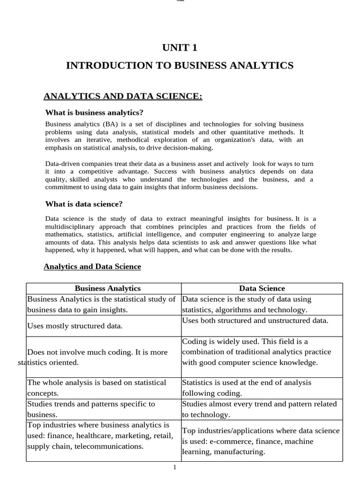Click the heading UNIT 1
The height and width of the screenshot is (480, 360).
180,47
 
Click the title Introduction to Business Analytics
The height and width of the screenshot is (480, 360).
180,66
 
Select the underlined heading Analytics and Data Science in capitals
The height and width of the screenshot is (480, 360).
123,97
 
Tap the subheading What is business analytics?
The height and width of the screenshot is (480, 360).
94,112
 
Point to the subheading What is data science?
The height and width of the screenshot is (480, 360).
84,204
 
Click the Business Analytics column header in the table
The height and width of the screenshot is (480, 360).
107,289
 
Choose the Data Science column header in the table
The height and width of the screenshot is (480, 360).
262,289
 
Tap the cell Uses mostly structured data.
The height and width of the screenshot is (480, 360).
75,326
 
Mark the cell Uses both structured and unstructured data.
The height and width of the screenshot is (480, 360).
255,320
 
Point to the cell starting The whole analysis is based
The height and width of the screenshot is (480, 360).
97,388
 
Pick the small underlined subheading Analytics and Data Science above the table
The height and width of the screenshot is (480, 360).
92,267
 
